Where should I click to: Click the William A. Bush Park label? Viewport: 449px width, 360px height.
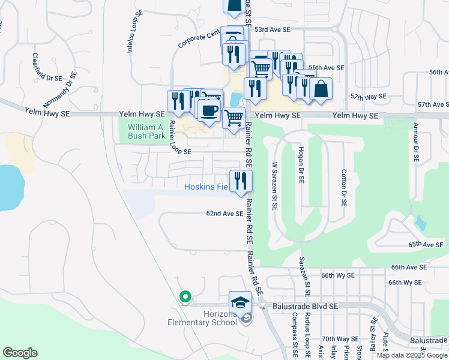[x=146, y=131]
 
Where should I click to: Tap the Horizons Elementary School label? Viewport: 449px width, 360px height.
[x=202, y=317]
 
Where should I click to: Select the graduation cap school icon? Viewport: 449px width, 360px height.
[x=241, y=301]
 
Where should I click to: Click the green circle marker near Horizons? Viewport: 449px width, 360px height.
[x=185, y=296]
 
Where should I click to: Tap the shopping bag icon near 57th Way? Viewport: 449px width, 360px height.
[x=321, y=89]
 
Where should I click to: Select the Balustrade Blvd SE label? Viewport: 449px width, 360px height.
[x=304, y=306]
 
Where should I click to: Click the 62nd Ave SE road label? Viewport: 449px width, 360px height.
[x=224, y=214]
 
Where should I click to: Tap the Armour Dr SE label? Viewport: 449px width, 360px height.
[x=415, y=143]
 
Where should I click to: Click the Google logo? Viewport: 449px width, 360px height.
[x=20, y=353]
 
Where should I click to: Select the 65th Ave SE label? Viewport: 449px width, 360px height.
[x=426, y=245]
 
